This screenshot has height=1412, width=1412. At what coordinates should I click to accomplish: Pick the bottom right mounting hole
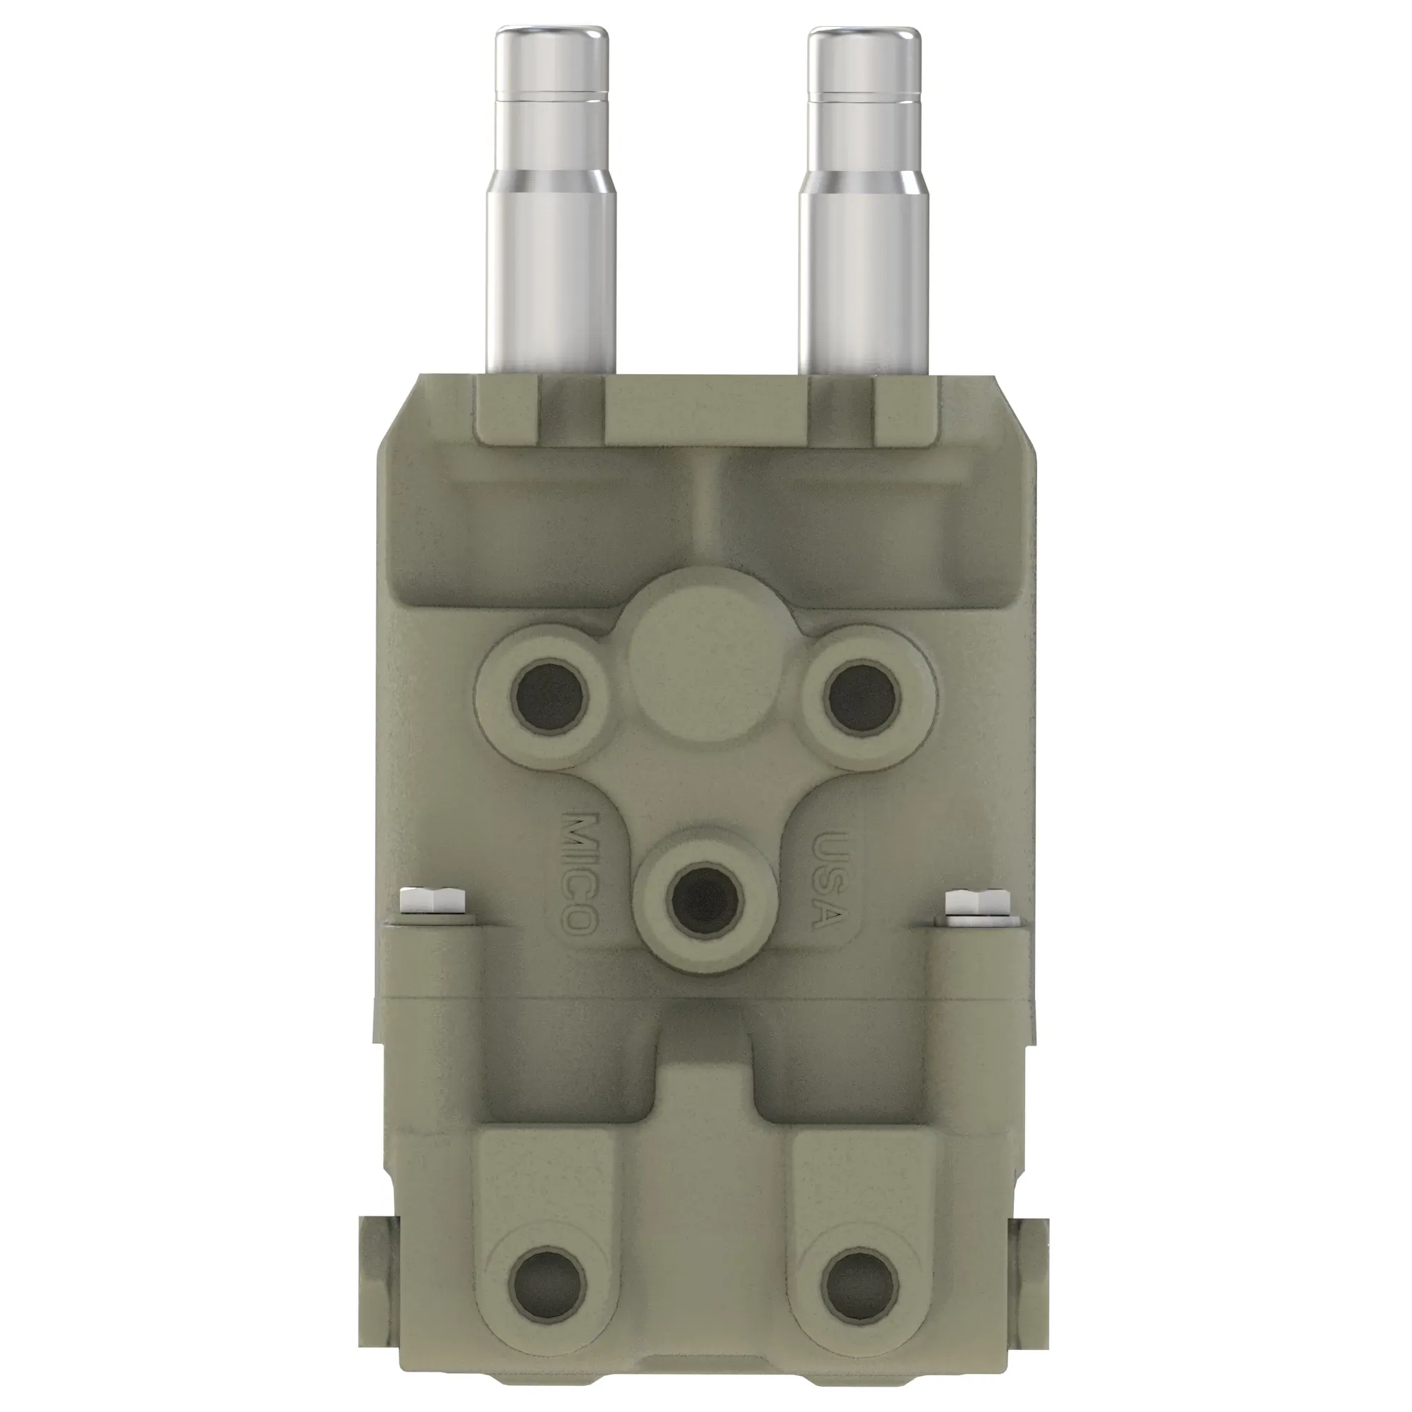point(858,1286)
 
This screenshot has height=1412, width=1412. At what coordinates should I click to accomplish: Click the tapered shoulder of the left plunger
point(552,184)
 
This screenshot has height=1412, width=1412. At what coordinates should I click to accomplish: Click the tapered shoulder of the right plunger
point(864,184)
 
